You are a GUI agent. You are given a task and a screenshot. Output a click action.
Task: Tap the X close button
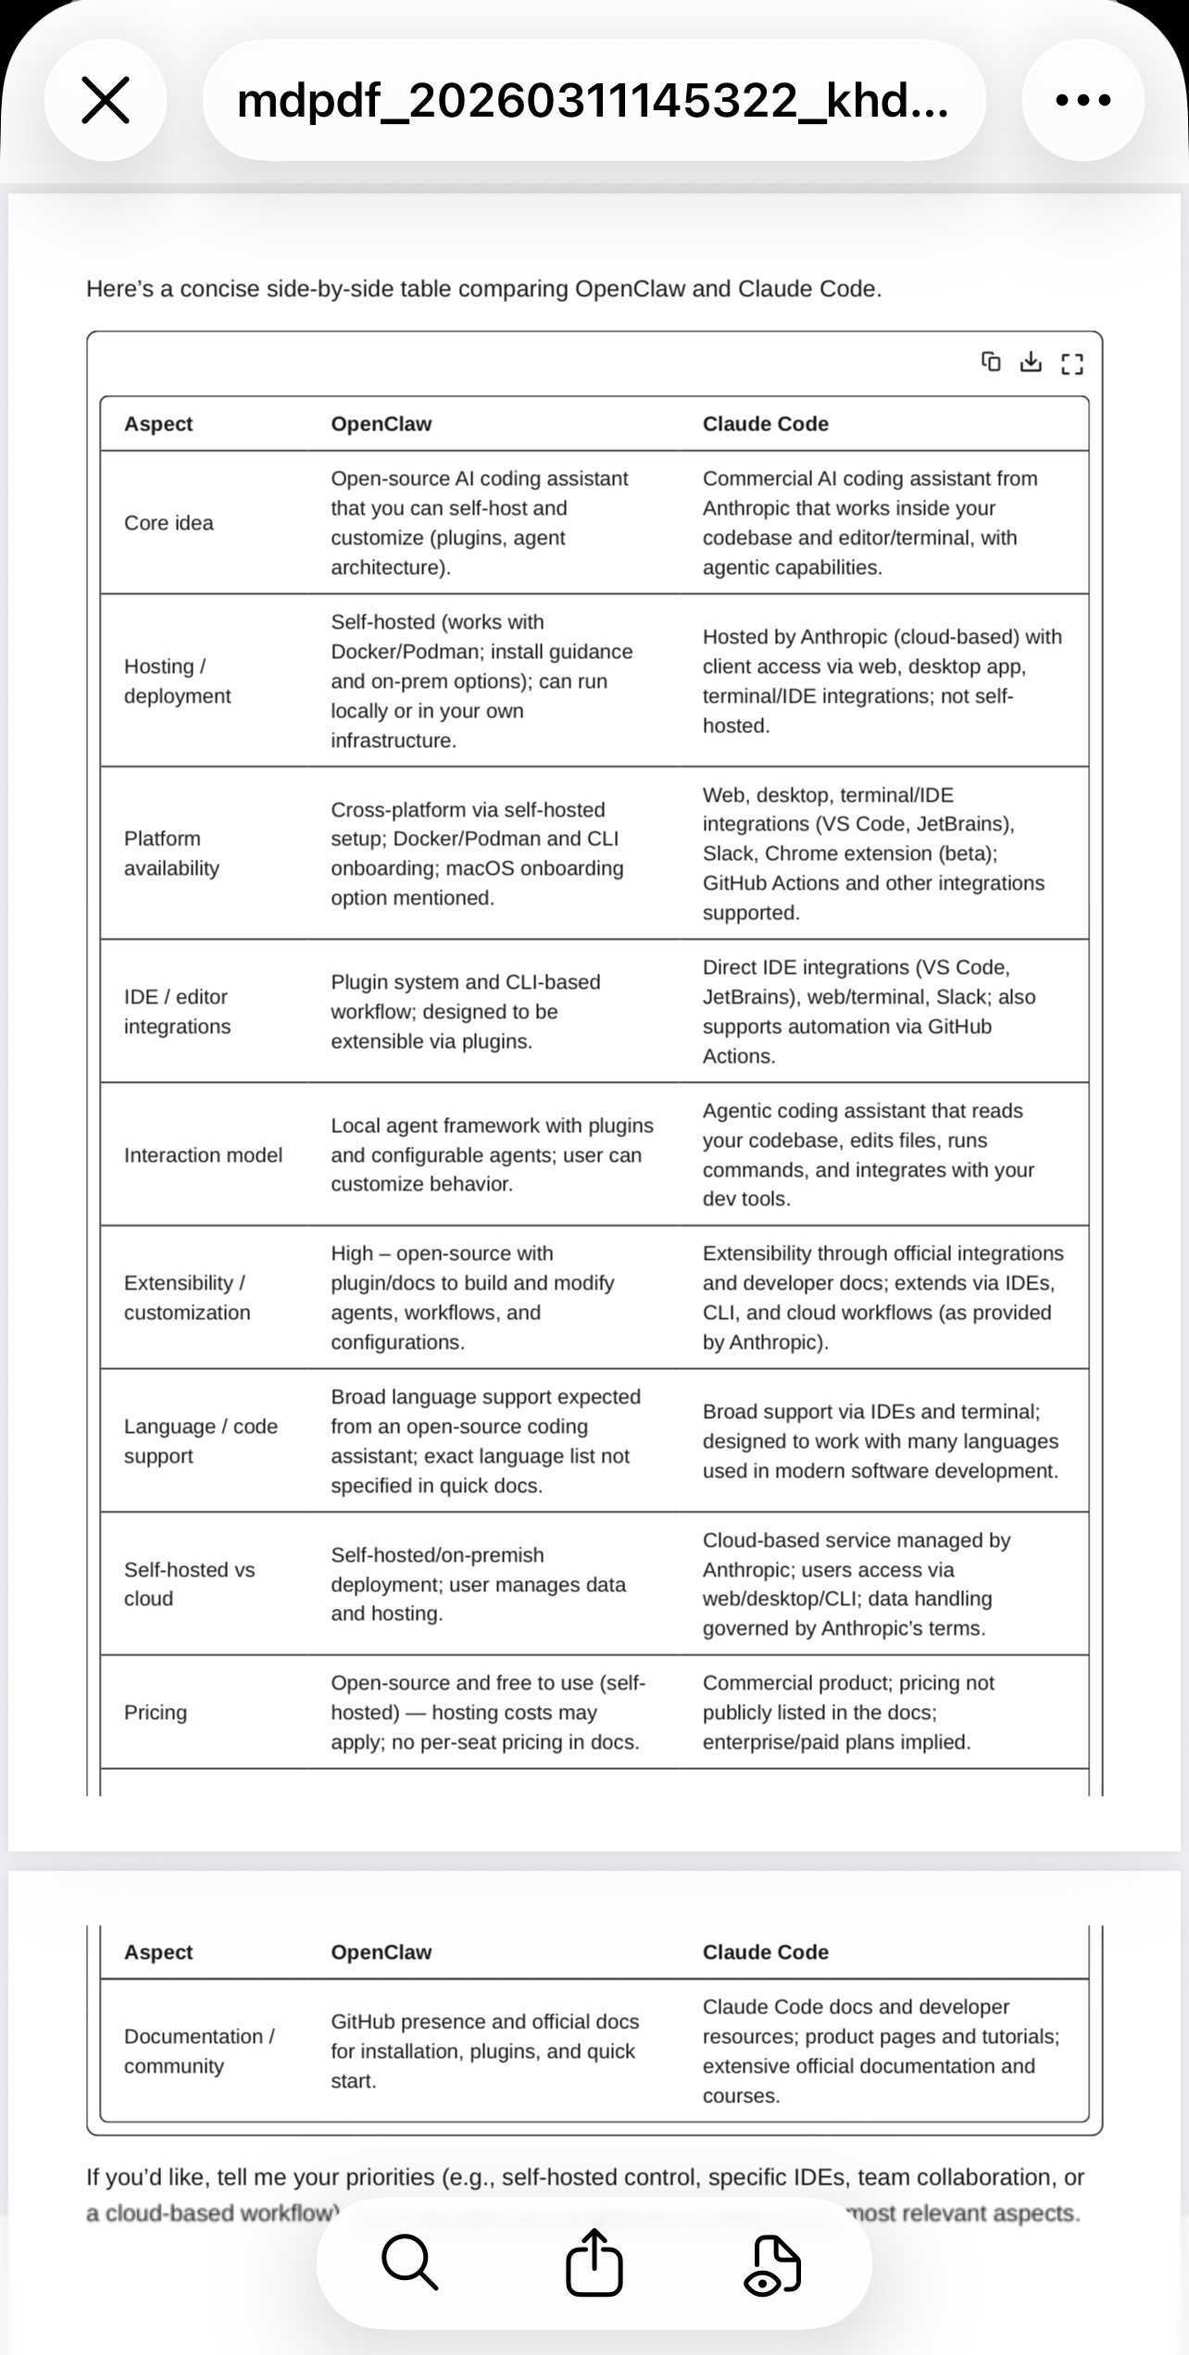point(106,100)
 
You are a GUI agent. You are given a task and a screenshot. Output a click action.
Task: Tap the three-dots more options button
point(1083,100)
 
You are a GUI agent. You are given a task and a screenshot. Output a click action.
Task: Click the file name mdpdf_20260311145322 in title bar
point(593,100)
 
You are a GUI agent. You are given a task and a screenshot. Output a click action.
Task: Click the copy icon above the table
point(991,362)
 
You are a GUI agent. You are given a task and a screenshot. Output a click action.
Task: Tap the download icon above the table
point(1031,362)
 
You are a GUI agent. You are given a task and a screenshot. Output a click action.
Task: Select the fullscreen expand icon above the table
point(1072,364)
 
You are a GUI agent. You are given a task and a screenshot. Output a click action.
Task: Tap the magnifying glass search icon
point(409,2262)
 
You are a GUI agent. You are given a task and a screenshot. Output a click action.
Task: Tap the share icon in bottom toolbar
point(594,2262)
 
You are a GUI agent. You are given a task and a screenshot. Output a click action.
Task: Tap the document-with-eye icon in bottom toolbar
point(772,2264)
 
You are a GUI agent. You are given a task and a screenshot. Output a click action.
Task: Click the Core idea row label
point(169,523)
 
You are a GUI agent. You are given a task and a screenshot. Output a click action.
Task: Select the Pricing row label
point(156,1713)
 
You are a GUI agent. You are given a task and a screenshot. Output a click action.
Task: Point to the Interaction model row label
point(203,1155)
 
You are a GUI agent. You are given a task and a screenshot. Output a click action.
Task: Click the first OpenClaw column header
point(382,424)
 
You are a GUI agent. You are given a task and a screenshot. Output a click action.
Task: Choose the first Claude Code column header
point(765,424)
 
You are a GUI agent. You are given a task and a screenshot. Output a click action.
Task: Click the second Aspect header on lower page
point(158,1952)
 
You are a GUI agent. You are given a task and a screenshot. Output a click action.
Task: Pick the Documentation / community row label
point(199,2051)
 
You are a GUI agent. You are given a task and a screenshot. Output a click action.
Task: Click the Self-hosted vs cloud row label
point(189,1584)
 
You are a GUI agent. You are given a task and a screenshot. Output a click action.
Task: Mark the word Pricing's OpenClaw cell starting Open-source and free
point(487,1713)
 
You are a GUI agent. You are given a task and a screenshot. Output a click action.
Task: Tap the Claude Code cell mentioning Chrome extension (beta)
point(873,854)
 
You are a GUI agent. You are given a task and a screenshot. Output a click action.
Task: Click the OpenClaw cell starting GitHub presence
point(485,2051)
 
